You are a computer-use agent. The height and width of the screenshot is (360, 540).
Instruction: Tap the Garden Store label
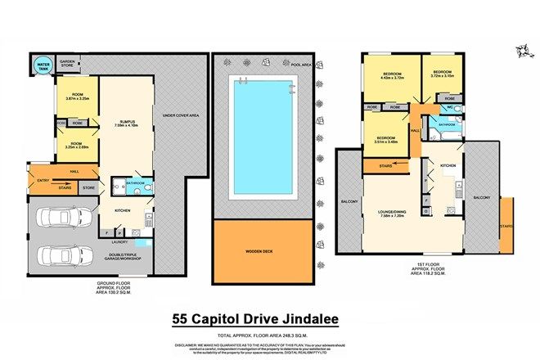[x=66, y=61]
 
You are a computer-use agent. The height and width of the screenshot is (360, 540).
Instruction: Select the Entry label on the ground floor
[x=42, y=180]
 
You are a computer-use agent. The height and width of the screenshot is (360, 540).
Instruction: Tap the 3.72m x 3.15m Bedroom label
[x=442, y=74]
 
